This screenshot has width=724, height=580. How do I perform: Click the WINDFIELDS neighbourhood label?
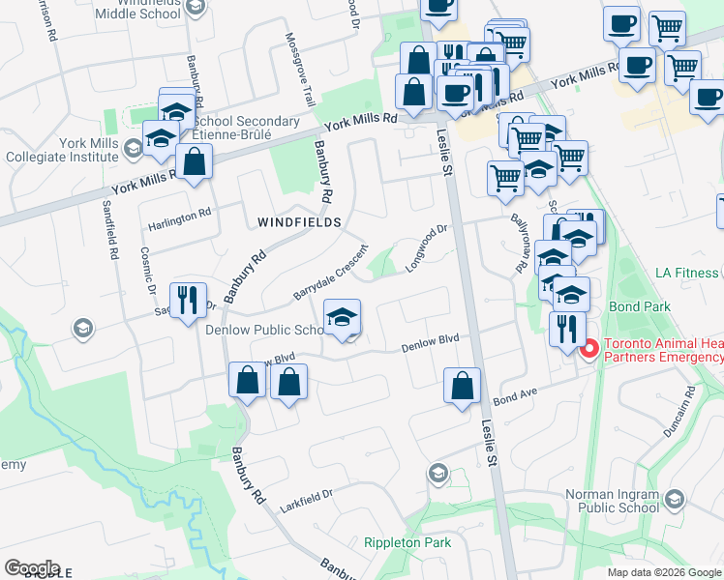pyautogui.click(x=299, y=222)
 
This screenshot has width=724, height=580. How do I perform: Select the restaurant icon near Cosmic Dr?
pyautogui.click(x=188, y=299)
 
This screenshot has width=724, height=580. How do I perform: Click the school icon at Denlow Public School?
pyautogui.click(x=341, y=319)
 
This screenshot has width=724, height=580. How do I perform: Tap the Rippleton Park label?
pyautogui.click(x=407, y=542)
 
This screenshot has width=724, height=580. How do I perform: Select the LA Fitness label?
pyautogui.click(x=685, y=273)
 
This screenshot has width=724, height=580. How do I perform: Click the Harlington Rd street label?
pyautogui.click(x=179, y=226)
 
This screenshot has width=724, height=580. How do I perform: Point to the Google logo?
pyautogui.click(x=32, y=568)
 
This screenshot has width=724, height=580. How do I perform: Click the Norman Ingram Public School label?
pyautogui.click(x=612, y=501)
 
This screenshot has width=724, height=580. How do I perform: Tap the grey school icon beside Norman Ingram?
pyautogui.click(x=675, y=500)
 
